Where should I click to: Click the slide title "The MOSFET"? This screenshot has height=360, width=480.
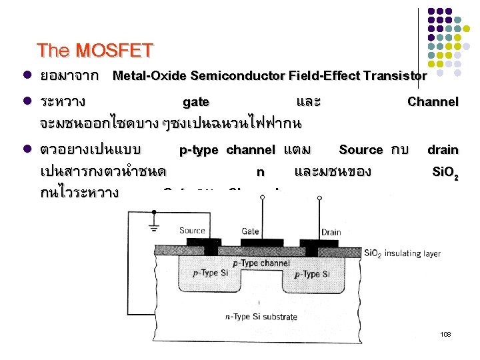[x=95, y=51]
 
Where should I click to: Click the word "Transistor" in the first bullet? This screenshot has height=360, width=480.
[x=395, y=75]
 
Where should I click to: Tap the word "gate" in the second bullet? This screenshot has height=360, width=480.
[x=195, y=102]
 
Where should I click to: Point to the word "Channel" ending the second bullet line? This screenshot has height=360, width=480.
[x=433, y=102]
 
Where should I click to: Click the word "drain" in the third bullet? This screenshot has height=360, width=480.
[x=442, y=150]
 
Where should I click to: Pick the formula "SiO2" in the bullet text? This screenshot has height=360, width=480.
[x=445, y=172]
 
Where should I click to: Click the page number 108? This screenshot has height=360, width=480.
[x=445, y=333]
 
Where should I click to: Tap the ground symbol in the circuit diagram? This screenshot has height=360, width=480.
[x=155, y=229]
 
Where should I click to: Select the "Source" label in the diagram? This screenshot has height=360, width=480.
[x=192, y=231]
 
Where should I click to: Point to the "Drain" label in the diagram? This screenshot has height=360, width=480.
[x=331, y=231]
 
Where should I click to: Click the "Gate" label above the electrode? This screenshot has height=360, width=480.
[x=250, y=231]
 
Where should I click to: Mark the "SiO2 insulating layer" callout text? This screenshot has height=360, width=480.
[x=402, y=253]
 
